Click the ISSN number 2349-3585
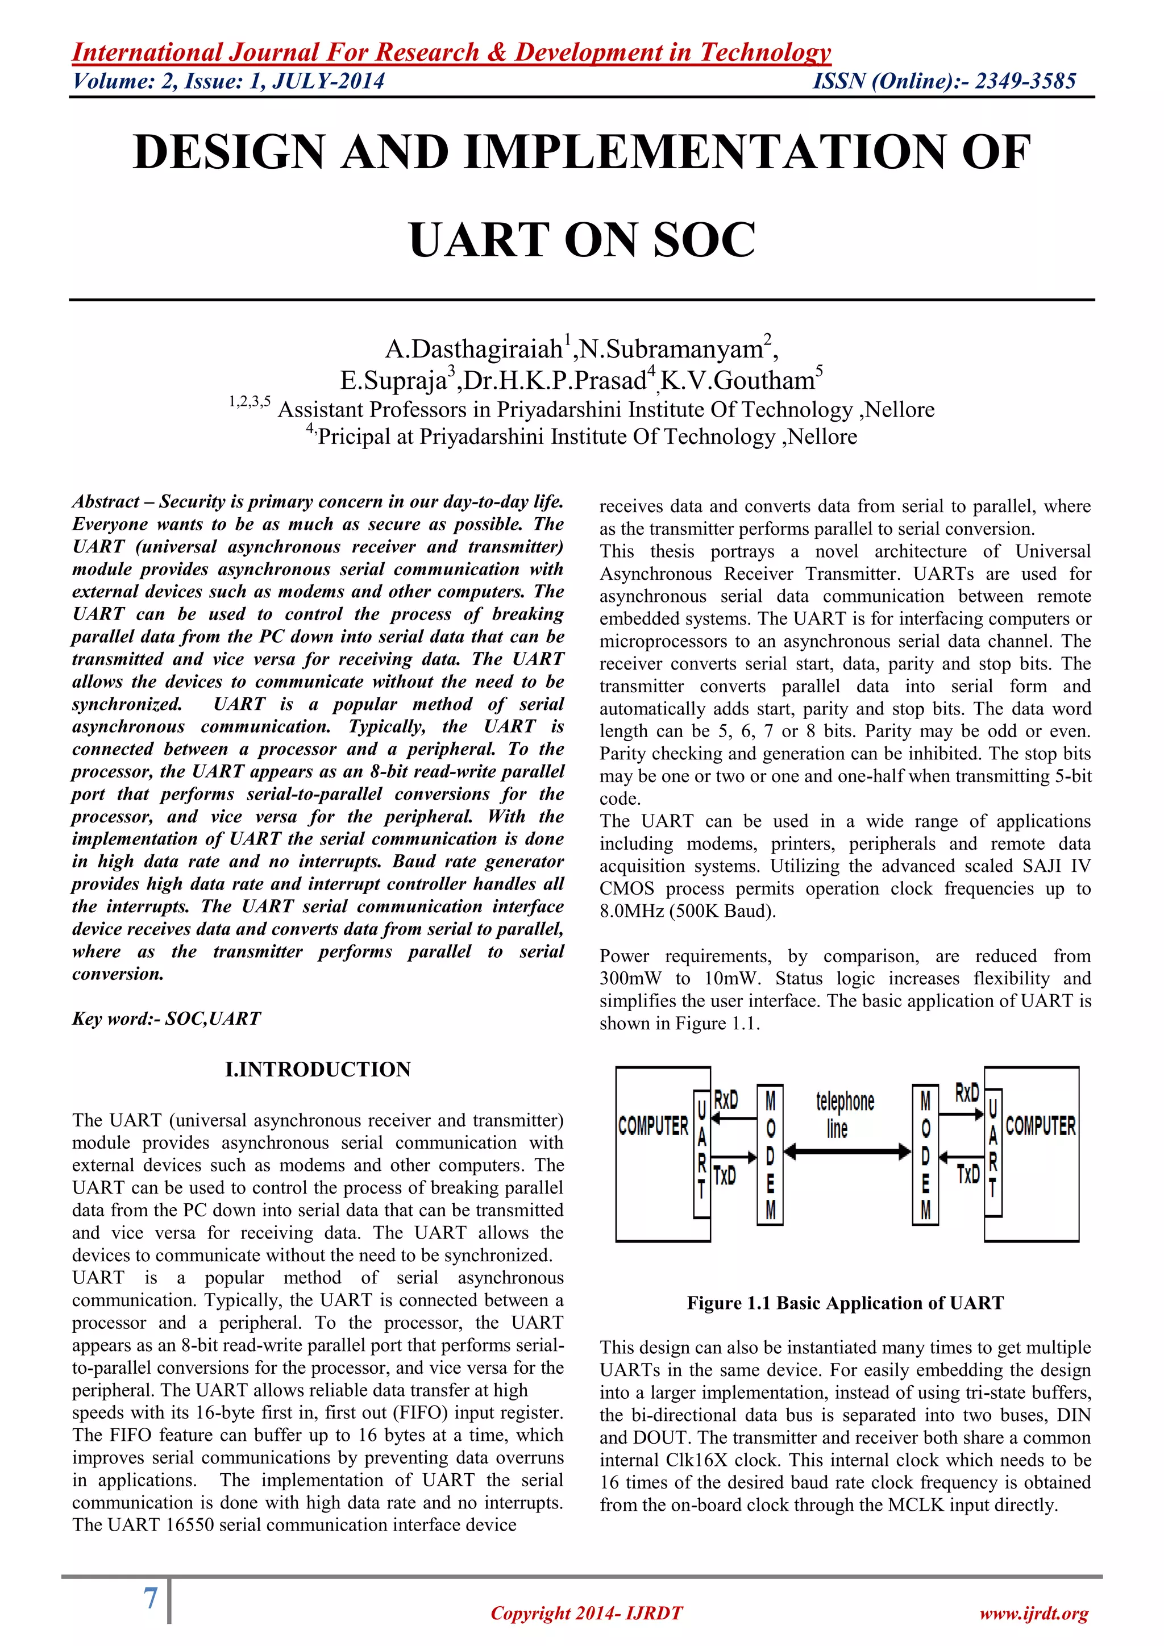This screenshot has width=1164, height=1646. (1025, 81)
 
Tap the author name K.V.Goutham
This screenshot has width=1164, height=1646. (738, 380)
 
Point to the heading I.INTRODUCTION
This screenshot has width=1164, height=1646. (318, 1069)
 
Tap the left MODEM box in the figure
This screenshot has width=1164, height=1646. (770, 1154)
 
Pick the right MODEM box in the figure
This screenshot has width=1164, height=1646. (925, 1154)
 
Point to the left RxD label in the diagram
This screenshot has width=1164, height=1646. (726, 1100)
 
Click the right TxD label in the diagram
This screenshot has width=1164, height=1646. (967, 1174)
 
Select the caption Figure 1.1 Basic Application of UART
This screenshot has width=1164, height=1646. (845, 1303)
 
